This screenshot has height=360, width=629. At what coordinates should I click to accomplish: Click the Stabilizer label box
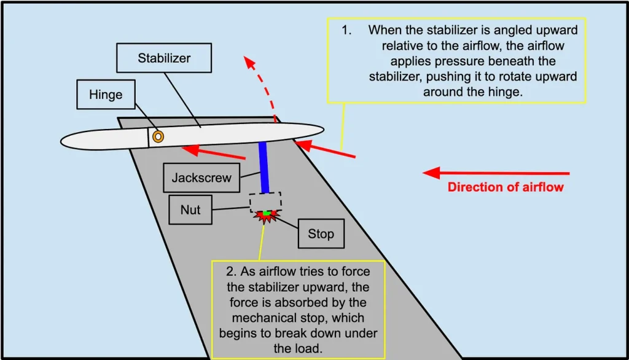(x=163, y=59)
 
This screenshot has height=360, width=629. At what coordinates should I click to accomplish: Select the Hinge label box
(x=106, y=95)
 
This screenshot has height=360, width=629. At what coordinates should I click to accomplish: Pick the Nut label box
(x=190, y=209)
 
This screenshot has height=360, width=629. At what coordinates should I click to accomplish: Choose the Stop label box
(x=321, y=233)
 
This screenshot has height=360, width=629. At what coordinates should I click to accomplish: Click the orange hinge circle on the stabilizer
(x=158, y=136)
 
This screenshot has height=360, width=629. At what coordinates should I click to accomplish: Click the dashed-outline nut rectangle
(x=265, y=202)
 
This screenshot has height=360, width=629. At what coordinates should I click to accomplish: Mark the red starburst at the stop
(x=265, y=215)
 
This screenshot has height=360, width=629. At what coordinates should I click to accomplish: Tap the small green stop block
(x=265, y=213)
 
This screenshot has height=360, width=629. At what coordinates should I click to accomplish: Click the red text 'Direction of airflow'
(x=505, y=187)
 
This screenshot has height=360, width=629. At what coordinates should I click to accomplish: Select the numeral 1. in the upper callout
(x=348, y=29)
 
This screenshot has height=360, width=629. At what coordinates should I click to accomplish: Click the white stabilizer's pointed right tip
(x=321, y=129)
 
